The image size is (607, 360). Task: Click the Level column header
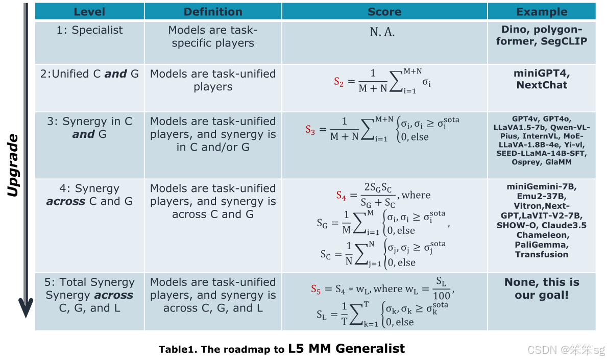(x=89, y=11)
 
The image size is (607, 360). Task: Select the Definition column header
(x=213, y=11)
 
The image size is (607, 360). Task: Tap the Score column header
(x=384, y=11)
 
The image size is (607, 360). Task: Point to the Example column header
(x=541, y=11)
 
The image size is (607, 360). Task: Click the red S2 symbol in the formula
(x=339, y=81)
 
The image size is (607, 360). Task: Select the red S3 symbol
(x=310, y=130)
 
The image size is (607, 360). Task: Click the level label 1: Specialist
(x=89, y=30)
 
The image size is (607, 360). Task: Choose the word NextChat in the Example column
(x=542, y=85)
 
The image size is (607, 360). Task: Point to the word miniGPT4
(x=542, y=73)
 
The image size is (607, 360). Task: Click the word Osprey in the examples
(x=524, y=162)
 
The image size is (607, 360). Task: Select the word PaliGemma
(x=542, y=245)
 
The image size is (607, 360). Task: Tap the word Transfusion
(x=542, y=254)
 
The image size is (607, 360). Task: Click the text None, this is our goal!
(x=542, y=289)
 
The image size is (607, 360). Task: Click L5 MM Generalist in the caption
(x=346, y=349)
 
